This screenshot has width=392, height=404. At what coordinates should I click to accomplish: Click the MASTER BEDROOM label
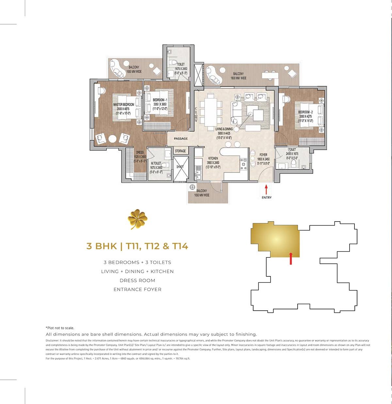123,105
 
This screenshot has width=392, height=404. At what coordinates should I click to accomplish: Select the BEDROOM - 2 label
305,112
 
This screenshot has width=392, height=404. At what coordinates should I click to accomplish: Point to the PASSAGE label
181,139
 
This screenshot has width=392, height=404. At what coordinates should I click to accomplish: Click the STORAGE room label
180,151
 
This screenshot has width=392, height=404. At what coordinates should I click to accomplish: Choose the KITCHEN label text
213,158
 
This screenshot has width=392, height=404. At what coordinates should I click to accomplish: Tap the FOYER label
263,155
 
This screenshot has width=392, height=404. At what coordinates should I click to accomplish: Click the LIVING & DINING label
224,129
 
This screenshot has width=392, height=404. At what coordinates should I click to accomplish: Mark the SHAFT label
180,167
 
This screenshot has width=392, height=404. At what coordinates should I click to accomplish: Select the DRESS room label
140,152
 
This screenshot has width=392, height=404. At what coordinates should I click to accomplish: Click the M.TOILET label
156,163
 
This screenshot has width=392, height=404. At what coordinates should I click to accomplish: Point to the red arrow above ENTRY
266,190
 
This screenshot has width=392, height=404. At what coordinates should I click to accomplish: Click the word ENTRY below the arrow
267,197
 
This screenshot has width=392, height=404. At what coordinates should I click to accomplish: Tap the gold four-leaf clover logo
137,219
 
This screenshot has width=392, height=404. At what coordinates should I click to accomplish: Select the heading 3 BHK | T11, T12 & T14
137,246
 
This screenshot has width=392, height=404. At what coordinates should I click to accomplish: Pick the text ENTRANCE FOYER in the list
137,289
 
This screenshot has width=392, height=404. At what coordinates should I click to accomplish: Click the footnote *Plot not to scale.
60,328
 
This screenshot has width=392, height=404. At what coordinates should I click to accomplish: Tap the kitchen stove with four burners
243,164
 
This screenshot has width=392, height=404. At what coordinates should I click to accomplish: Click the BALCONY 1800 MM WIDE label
238,76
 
